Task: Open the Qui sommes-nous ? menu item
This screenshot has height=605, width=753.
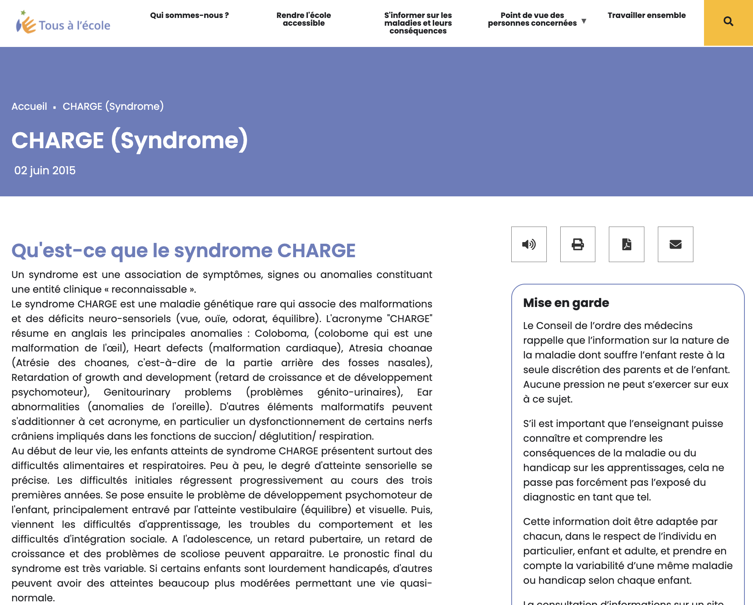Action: tap(189, 16)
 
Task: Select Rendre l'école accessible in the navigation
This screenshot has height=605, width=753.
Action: tap(303, 19)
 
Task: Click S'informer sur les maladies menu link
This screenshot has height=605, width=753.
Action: tap(418, 23)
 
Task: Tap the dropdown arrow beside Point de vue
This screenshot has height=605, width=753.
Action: tap(584, 21)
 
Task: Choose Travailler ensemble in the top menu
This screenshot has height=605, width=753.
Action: tap(646, 16)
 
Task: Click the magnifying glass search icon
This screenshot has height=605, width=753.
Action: tap(728, 22)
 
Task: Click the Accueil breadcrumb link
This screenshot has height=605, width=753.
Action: tap(29, 107)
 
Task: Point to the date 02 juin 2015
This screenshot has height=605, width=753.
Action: tap(45, 171)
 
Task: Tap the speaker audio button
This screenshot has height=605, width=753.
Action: tap(529, 244)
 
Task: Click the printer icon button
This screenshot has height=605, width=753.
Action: tap(577, 244)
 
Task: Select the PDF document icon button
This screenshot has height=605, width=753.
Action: tap(626, 244)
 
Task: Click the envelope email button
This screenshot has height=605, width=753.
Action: tap(675, 244)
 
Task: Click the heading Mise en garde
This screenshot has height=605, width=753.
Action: tap(566, 303)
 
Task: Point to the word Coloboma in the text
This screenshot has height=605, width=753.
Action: tap(281, 334)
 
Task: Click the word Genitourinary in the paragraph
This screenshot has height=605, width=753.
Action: tap(137, 392)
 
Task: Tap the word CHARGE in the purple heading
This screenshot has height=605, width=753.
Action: tap(316, 251)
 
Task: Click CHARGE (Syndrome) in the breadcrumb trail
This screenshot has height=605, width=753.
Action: tap(113, 107)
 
